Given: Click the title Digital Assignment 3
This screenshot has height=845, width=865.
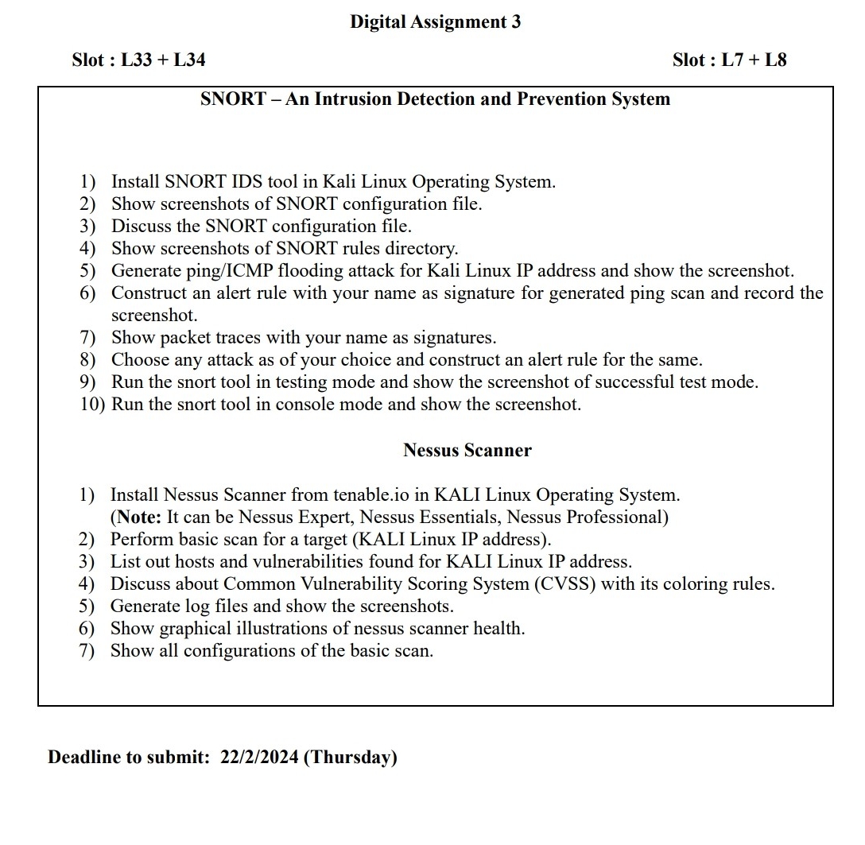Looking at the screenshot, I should click(x=435, y=22).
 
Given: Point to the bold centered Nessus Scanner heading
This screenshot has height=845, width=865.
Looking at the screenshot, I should click(x=467, y=451).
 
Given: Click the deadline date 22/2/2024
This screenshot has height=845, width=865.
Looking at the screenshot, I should click(x=259, y=757).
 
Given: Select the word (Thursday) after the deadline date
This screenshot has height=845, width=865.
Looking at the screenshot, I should click(x=351, y=757).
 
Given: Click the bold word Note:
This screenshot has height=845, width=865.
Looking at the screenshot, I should click(x=139, y=517).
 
